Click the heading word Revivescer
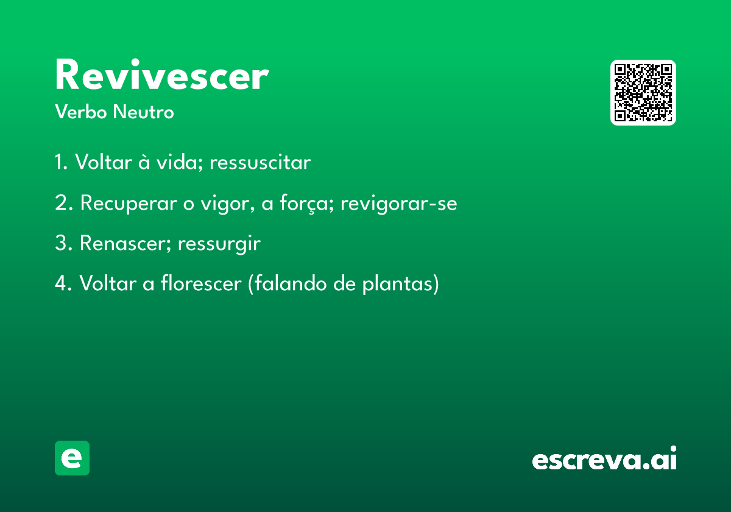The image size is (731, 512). [x=162, y=74]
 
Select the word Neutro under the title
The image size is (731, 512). [x=144, y=112]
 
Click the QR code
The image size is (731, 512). [x=643, y=93]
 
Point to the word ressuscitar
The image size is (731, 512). [x=260, y=162]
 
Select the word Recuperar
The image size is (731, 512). [x=129, y=203]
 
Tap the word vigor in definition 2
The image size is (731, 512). [x=227, y=204]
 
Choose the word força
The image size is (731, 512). [x=307, y=203]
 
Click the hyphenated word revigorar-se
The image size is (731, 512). [x=399, y=204]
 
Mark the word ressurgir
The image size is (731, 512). [x=219, y=244]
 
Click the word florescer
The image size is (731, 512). [x=201, y=283]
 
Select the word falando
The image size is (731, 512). [x=291, y=283]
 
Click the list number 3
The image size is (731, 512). [x=63, y=243]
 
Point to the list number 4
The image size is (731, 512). [x=63, y=283]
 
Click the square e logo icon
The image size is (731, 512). [x=72, y=458]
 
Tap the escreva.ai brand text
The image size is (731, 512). [x=604, y=458]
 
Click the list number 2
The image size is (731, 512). [x=63, y=203]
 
